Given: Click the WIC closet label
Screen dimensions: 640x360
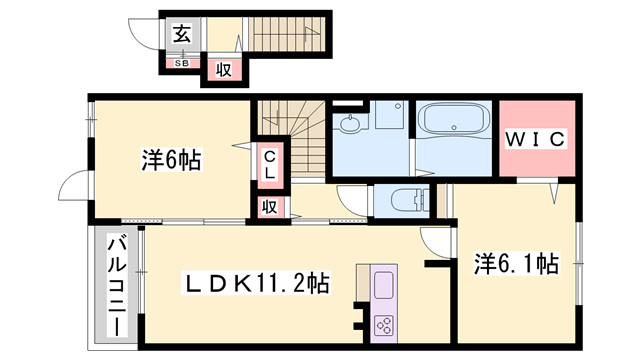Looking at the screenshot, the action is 536,139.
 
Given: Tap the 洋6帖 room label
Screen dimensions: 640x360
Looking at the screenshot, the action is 171,160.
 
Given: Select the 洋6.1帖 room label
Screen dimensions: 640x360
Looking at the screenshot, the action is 516,264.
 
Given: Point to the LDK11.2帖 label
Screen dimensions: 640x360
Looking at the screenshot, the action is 256,283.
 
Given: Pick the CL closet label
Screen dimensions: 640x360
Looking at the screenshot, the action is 269,165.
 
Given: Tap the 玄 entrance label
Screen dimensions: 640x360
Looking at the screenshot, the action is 182,34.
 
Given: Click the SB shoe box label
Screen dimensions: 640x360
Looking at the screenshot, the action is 182,63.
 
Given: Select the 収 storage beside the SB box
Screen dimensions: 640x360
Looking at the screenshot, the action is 224,69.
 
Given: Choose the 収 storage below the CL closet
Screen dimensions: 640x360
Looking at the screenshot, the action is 269,207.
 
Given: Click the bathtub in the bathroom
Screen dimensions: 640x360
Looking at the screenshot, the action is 454,118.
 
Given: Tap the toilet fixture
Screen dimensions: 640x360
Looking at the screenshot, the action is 410,200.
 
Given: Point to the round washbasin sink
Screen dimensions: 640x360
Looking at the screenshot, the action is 350,124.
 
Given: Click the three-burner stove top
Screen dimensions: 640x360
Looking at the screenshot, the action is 384,324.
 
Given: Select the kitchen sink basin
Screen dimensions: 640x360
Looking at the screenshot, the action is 384,285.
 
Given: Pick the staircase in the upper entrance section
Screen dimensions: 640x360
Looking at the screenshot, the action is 287,34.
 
